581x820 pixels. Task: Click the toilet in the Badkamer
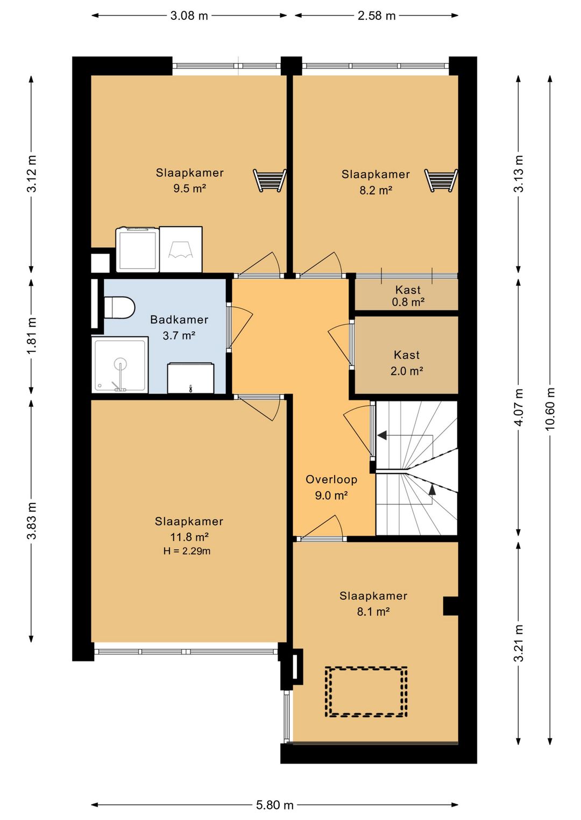point(119,307)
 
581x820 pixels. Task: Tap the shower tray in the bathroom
point(120,365)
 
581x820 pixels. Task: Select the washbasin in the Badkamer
point(190,378)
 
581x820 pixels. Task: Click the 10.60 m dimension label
point(550,408)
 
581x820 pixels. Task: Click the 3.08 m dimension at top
point(189,16)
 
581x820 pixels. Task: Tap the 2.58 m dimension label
point(377,16)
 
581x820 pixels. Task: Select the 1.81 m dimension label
point(32,335)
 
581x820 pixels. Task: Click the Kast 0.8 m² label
point(408,296)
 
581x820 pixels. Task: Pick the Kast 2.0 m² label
point(407,363)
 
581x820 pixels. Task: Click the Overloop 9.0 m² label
point(331,487)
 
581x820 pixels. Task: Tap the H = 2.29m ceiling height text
point(187,551)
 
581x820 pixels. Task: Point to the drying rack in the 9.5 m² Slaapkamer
point(270,180)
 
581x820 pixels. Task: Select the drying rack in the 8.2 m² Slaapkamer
point(441,180)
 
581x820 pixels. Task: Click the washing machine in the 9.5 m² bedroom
point(138,249)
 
